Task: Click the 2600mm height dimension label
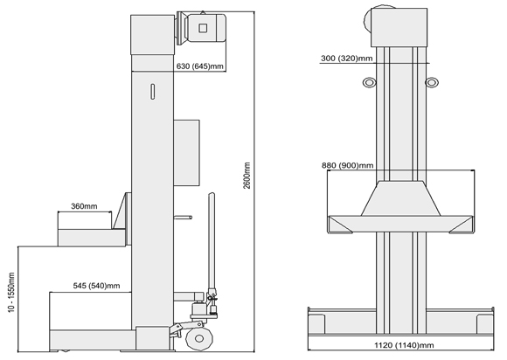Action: click(x=247, y=176)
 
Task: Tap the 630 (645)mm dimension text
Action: click(x=200, y=66)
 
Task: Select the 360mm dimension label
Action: click(x=84, y=206)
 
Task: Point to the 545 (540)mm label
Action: click(x=96, y=286)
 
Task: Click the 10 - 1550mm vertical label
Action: click(x=11, y=293)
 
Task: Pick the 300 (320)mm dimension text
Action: click(x=347, y=59)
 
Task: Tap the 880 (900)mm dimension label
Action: click(x=348, y=165)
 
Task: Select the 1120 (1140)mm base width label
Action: click(x=404, y=345)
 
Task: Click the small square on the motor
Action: click(x=203, y=28)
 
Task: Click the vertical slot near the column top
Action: click(x=153, y=92)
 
